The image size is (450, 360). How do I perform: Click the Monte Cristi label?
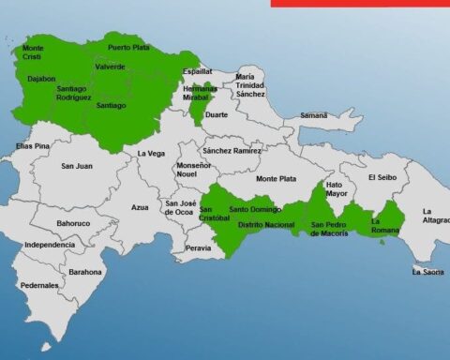[x=33, y=52]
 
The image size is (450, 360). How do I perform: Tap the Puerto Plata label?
[x=128, y=47]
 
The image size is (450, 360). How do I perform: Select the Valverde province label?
[x=109, y=67]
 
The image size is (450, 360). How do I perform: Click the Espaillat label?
[x=197, y=71]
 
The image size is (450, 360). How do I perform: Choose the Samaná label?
[x=313, y=115]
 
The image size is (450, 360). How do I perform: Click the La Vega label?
[x=151, y=154]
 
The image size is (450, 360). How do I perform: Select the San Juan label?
[x=77, y=166]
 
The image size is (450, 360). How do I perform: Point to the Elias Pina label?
[x=32, y=146]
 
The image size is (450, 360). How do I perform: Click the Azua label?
[x=140, y=207]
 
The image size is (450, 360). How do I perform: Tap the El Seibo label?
[x=384, y=176]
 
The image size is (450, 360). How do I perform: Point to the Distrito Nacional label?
[x=266, y=225]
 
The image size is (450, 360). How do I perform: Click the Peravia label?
[x=198, y=248]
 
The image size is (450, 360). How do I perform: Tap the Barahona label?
[x=85, y=272]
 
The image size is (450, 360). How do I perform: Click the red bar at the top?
[x=360, y=3]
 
